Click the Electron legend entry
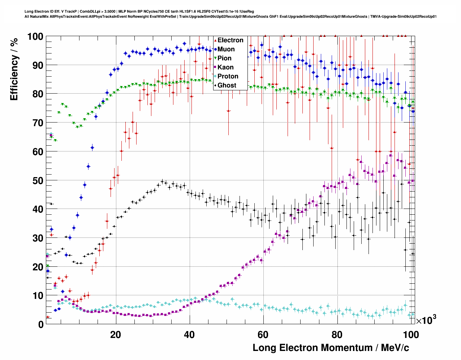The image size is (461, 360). tap(230, 40)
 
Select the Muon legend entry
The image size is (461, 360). tap(226, 49)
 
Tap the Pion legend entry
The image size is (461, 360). tap(224, 58)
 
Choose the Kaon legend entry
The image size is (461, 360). tap(225, 67)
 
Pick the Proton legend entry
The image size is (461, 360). tap(228, 76)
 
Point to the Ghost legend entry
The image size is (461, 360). tap(227, 85)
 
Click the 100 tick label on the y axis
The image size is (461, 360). tap(35, 37)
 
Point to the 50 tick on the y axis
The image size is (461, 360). tap(38, 180)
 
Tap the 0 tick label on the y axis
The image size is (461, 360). tap(40, 324)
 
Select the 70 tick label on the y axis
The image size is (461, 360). tap(38, 123)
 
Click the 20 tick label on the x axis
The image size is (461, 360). tap(116, 335)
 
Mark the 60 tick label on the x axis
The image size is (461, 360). tap(263, 335)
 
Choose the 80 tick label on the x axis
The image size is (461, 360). tap(337, 335)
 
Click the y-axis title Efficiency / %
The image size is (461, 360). tap(14, 69)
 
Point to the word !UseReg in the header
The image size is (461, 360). tap(246, 12)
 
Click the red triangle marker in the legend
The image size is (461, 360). tap(215, 40)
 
